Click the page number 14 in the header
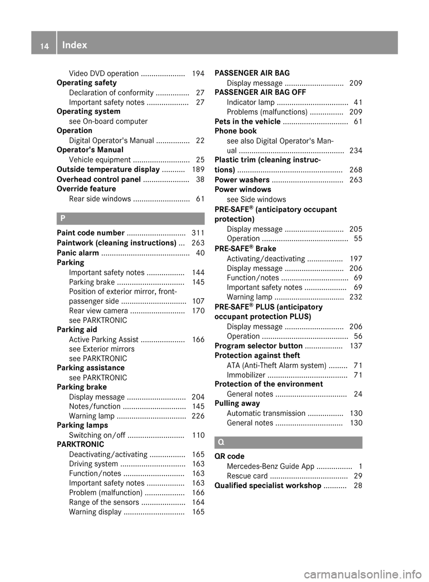pos(44,45)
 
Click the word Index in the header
pos(75,45)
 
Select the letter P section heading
pos(63,219)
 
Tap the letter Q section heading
pos(221,443)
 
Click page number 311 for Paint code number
pos(198,232)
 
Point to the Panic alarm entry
pos(78,253)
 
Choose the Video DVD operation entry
pos(104,73)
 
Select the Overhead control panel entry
pos(99,179)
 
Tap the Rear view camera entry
pos(99,311)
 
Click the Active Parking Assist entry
pos(104,339)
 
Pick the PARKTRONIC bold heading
pos(80,444)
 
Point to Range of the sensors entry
pos(104,502)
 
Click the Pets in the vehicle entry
pos(248,122)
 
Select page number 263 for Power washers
pos(356,180)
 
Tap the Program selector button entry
pos(258,346)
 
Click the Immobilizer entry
pos(246,375)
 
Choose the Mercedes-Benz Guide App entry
pos(270,466)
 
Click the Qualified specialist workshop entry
pos(268,485)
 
